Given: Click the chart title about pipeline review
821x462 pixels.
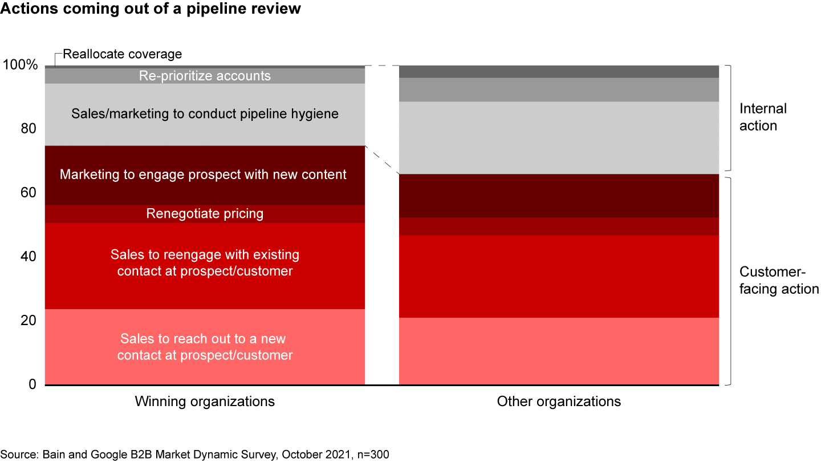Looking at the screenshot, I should pyautogui.click(x=151, y=9).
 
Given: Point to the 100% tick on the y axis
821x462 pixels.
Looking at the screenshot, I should pyautogui.click(x=21, y=65).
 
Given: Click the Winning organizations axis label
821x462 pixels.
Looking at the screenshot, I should pyautogui.click(x=205, y=402).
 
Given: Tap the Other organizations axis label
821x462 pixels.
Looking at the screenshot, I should pyautogui.click(x=559, y=402).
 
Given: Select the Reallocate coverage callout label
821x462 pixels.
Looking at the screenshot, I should pyautogui.click(x=122, y=54).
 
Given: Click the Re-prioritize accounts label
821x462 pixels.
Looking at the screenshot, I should pyautogui.click(x=205, y=76).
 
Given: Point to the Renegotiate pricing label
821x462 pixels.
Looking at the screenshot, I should pyautogui.click(x=205, y=213).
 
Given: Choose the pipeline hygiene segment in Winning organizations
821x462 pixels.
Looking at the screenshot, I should pyautogui.click(x=205, y=114).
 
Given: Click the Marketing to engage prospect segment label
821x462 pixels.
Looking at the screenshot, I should pyautogui.click(x=203, y=175).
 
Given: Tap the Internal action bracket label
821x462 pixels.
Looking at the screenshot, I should pyautogui.click(x=763, y=117).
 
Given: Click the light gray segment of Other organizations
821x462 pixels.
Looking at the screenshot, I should pyautogui.click(x=559, y=137).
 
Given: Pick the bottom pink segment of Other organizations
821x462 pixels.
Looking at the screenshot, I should pyautogui.click(x=559, y=351).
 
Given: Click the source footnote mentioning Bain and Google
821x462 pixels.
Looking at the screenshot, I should pyautogui.click(x=194, y=454).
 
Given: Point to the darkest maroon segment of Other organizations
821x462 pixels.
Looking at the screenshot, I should pyautogui.click(x=559, y=196).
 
